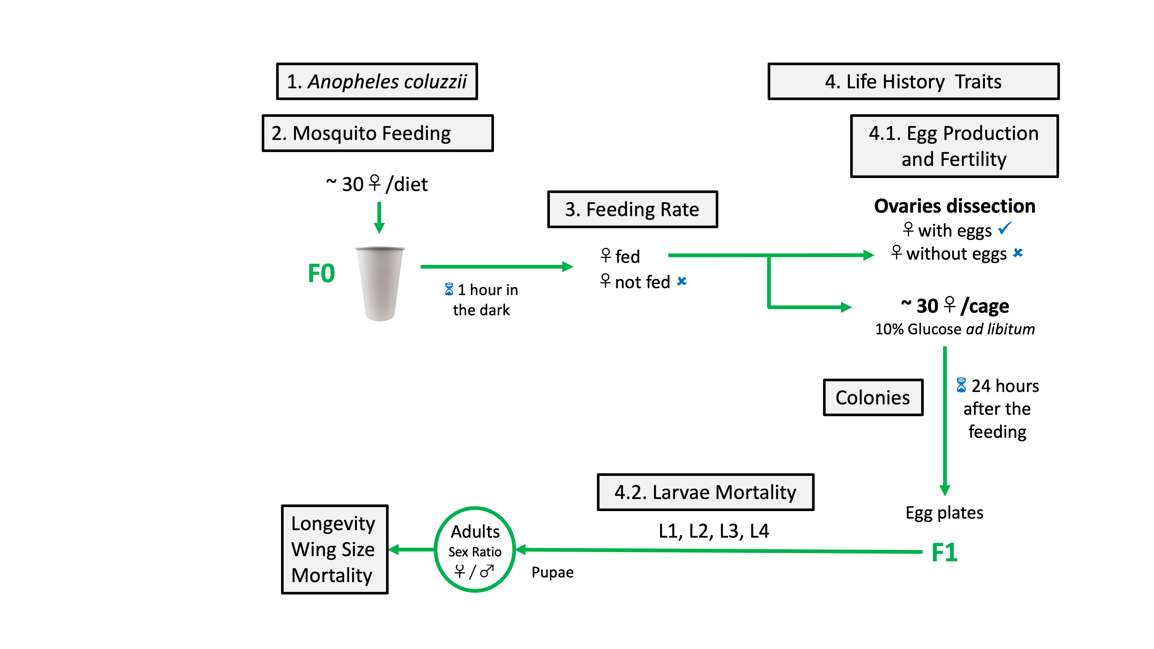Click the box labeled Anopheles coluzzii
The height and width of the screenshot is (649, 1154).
point(377,81)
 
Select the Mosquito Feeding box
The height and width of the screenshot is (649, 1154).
point(377,134)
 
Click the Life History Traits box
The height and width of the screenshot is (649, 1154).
point(913,81)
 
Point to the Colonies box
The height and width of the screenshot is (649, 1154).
point(873,398)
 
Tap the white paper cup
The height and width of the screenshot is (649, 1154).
point(380,283)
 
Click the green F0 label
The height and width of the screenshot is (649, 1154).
point(321,273)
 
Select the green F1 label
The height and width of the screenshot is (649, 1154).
point(944,552)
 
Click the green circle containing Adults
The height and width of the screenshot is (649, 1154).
point(475,549)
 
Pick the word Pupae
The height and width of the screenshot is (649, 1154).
point(552,573)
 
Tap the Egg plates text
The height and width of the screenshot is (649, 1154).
point(944,513)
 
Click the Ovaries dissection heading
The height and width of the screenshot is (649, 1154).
point(955,206)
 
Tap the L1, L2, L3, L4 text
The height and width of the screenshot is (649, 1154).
point(714,531)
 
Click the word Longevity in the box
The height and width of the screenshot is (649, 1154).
point(333,523)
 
